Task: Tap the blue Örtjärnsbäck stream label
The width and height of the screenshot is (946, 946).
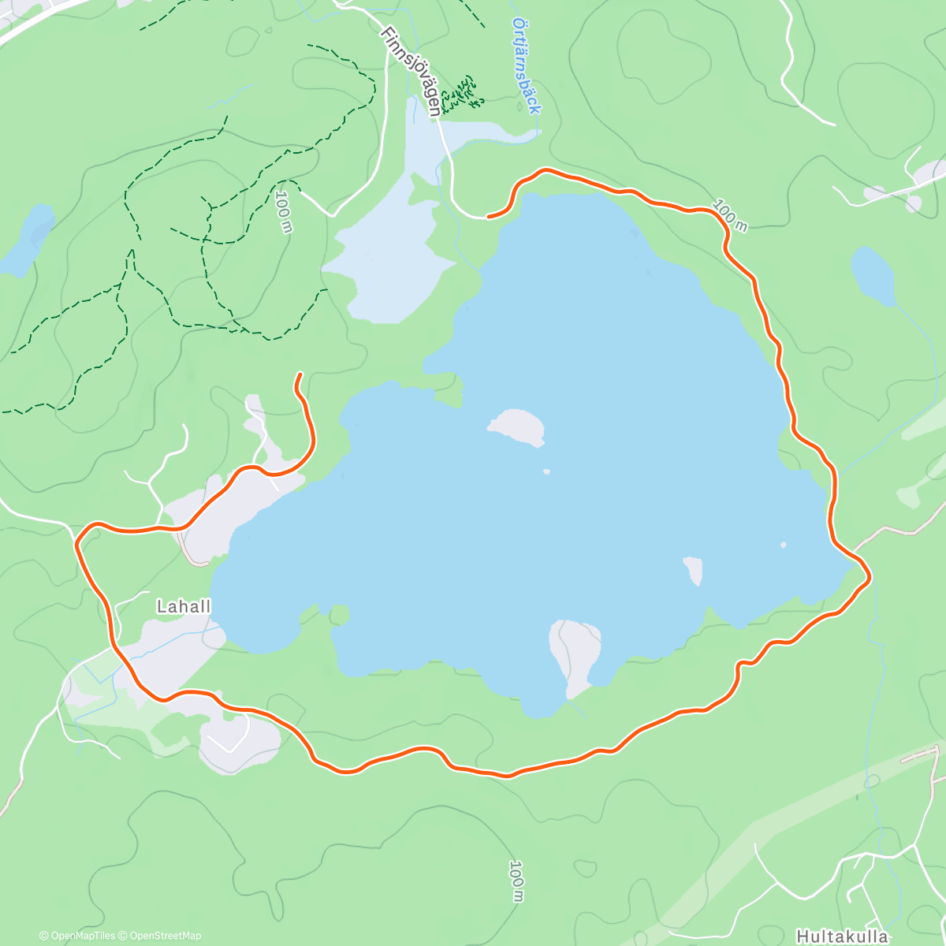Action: click(525, 66)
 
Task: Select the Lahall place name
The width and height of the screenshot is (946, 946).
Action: click(184, 606)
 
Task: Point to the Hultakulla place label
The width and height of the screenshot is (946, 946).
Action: click(842, 937)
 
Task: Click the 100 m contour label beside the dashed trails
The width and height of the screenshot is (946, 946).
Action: click(284, 210)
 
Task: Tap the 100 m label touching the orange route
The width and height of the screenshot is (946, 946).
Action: click(729, 216)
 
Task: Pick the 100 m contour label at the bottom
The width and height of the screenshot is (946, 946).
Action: click(516, 881)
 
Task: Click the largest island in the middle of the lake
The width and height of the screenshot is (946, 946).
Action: click(517, 426)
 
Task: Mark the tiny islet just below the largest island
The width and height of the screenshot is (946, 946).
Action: click(546, 471)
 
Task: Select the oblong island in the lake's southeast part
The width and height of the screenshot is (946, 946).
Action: click(694, 569)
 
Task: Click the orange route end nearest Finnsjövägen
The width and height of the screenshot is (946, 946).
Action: click(490, 215)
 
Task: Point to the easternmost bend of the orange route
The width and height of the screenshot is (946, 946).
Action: click(870, 579)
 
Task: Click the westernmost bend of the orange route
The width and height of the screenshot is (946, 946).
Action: click(78, 542)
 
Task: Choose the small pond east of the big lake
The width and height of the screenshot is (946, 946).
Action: click(873, 275)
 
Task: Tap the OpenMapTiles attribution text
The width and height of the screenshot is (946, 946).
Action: click(77, 936)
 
